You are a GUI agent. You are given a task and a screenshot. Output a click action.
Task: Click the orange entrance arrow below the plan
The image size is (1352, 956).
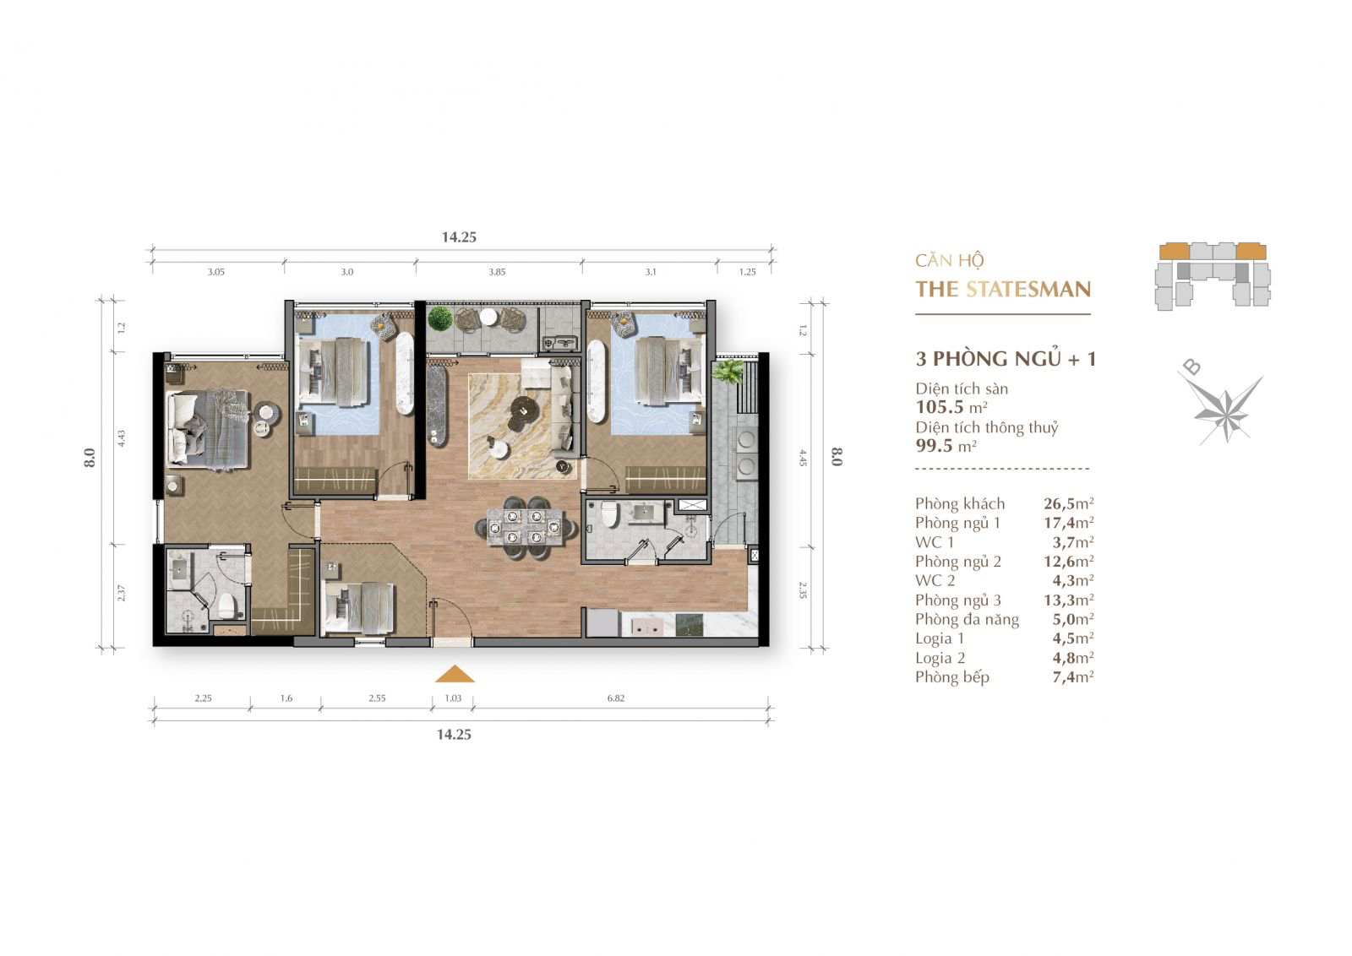point(455,674)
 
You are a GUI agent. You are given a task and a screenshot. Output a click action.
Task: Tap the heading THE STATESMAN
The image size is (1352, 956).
point(1003,290)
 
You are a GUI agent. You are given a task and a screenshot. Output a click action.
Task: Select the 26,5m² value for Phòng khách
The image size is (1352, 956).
point(1068,503)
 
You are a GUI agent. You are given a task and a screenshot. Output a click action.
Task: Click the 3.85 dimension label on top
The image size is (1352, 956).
point(497,272)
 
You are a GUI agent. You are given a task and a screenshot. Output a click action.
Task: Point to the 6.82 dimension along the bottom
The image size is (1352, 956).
point(616,698)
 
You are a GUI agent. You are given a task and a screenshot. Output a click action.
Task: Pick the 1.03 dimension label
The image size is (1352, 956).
point(453,698)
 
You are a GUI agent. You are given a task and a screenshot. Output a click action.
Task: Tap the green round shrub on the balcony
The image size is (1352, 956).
point(440,318)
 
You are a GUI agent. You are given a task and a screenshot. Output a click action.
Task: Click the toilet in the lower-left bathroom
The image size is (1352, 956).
point(227,605)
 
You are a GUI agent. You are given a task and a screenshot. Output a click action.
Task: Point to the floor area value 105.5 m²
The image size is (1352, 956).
point(951,407)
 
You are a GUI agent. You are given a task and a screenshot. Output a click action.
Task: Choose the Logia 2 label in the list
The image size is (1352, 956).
point(940,658)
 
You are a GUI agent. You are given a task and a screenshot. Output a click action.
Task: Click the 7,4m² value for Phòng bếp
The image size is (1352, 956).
point(1073,677)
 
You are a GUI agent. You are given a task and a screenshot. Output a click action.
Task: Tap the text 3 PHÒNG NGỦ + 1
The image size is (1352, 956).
point(1006,359)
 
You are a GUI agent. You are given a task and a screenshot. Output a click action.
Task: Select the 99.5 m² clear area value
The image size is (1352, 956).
point(946,446)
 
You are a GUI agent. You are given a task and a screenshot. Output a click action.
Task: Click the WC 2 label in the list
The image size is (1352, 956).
point(935,581)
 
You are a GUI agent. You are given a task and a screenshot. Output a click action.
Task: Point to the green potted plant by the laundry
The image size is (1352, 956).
point(728,372)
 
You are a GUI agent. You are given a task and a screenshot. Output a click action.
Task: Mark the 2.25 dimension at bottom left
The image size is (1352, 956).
point(203,698)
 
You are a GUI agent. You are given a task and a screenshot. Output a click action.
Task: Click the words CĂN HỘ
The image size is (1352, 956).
point(950,261)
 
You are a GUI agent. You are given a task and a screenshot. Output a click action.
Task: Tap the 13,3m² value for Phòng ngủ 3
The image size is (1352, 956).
point(1068,600)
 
